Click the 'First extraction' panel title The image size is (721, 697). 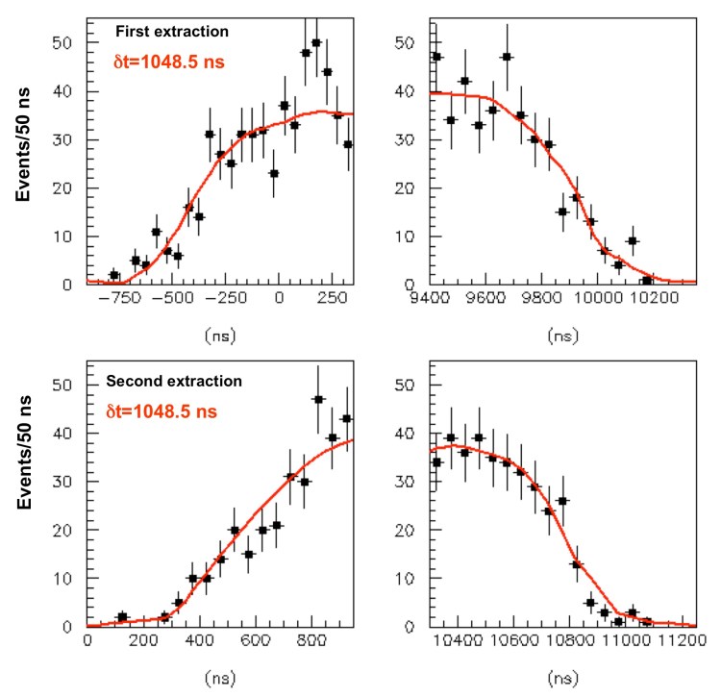pyautogui.click(x=173, y=32)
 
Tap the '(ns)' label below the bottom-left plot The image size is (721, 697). pyautogui.click(x=219, y=677)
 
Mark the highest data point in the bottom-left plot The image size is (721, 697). pyautogui.click(x=318, y=399)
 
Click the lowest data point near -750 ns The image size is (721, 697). pyautogui.click(x=114, y=275)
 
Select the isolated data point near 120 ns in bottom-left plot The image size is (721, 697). pyautogui.click(x=122, y=616)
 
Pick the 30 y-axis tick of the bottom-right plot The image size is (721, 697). pyautogui.click(x=411, y=482)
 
